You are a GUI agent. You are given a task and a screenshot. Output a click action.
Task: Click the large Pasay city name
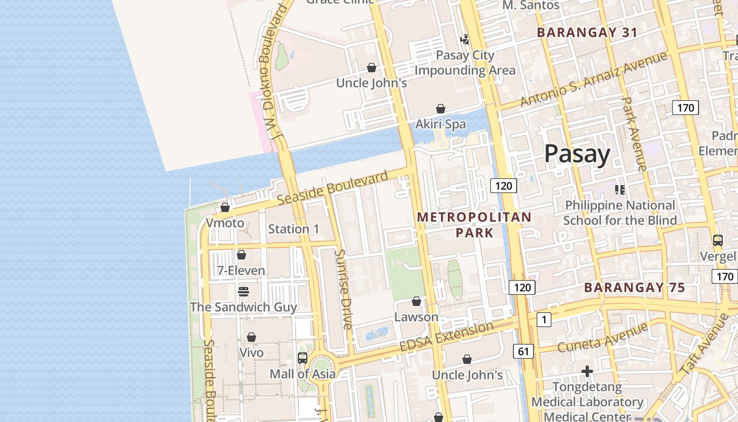click(x=577, y=154)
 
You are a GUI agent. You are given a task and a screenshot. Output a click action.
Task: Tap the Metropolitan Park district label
click(x=474, y=225)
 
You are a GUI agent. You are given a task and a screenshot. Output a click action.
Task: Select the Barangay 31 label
click(x=587, y=32)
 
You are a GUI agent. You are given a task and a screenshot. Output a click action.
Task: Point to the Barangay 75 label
click(x=635, y=287)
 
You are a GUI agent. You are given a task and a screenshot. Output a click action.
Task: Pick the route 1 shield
click(x=543, y=319)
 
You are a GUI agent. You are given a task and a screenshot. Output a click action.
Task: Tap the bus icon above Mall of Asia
click(x=303, y=358)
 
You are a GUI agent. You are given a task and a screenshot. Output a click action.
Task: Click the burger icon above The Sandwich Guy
click(x=243, y=292)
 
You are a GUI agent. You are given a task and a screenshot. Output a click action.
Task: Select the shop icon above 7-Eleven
click(x=241, y=255)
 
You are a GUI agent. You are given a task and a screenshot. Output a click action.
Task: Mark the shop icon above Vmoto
click(x=225, y=208)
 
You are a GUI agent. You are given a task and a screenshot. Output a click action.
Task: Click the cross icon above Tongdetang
click(x=587, y=372)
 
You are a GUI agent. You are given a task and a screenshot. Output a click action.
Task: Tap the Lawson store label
click(x=416, y=317)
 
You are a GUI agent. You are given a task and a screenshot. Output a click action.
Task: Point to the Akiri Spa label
click(x=441, y=124)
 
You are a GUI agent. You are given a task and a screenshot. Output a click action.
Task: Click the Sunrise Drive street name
click(x=343, y=290)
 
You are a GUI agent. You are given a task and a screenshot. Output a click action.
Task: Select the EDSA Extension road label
click(x=446, y=337)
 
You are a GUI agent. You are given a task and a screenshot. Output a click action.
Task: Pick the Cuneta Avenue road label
click(x=602, y=338)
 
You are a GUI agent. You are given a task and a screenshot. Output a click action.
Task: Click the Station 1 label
click(x=294, y=229)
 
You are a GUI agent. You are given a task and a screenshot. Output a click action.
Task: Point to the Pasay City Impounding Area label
click(x=465, y=63)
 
